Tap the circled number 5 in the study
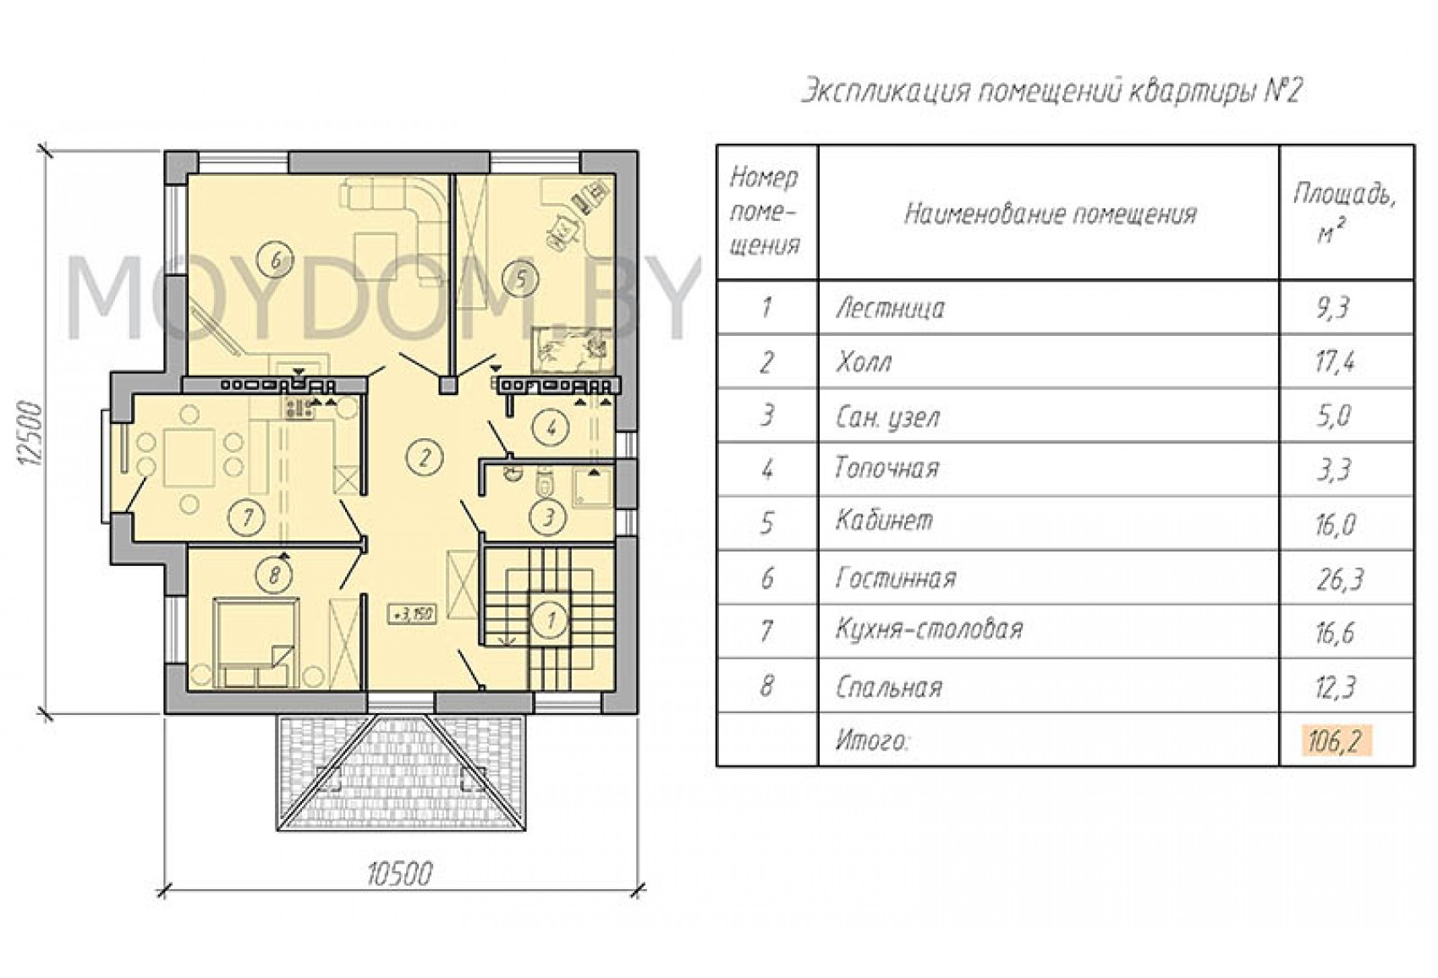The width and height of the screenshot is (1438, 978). click(520, 278)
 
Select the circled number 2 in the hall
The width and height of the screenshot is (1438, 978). click(424, 458)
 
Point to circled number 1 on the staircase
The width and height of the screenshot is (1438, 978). click(550, 620)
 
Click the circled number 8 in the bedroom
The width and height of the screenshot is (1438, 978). click(275, 574)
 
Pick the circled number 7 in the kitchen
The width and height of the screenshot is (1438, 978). click(247, 517)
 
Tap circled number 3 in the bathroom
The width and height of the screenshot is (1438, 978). click(547, 517)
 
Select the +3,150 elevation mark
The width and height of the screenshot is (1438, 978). click(413, 614)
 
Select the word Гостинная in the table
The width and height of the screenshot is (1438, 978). click(896, 580)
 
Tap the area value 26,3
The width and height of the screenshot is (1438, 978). click(1338, 580)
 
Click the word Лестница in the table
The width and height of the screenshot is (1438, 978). click(890, 309)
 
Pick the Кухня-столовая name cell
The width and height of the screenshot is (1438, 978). click(929, 629)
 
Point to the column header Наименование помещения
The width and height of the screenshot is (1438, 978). click(1051, 214)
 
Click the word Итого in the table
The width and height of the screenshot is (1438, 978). click(872, 742)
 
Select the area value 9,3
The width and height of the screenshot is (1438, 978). click(1332, 309)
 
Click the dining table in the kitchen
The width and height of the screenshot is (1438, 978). click(189, 459)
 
